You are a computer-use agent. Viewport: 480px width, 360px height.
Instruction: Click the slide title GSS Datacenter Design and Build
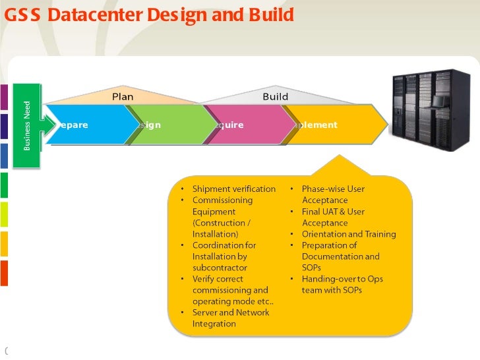149,14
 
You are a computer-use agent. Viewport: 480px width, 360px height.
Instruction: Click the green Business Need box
28,125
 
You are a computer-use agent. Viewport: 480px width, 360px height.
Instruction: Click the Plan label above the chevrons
123,97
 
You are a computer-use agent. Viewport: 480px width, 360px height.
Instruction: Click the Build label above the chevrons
275,97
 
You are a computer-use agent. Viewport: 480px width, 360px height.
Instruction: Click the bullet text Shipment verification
233,189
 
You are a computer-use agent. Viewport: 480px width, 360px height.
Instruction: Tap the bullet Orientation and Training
349,234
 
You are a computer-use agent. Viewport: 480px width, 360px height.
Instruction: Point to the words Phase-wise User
333,189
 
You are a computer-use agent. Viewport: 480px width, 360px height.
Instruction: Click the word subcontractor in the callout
220,268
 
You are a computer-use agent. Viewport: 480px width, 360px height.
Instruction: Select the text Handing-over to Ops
342,279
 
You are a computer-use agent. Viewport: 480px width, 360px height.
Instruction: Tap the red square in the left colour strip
3,272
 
